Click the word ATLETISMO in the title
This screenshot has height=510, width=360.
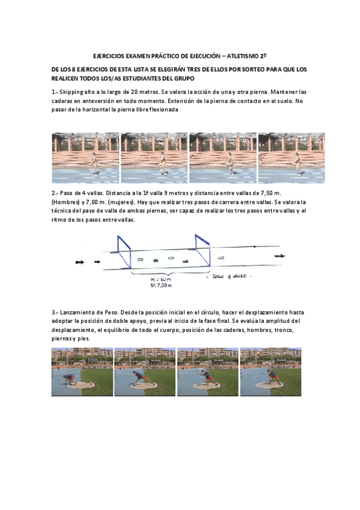coord(245,54)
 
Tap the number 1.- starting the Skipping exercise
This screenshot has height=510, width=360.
coord(55,91)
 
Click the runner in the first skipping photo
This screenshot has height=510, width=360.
coord(94,164)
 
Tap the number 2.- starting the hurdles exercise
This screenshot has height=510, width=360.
coord(55,192)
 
